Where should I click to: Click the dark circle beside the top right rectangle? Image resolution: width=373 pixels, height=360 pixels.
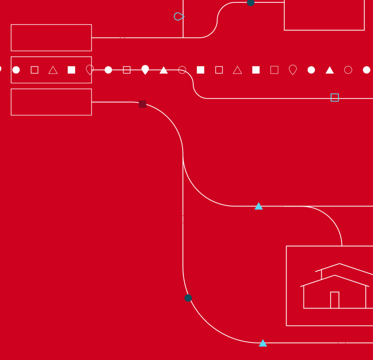pos(251,2)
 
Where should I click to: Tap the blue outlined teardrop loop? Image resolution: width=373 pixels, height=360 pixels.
pos(178,17)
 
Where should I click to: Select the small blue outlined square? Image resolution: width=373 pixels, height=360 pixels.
pos(335,98)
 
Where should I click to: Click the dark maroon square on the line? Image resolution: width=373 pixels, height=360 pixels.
pos(142,104)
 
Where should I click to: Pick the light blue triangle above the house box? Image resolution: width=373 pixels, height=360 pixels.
pos(259,206)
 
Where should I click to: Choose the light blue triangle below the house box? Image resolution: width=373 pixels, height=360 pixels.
pos(263,343)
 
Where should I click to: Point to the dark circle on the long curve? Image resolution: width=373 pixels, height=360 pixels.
pos(188,298)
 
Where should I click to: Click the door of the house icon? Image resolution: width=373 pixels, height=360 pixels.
pos(335,300)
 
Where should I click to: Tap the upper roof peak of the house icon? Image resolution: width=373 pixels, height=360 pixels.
pos(339,264)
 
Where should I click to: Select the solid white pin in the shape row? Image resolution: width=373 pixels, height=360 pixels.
pos(145,69)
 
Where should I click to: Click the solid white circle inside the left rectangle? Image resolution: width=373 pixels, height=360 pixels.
pos(16,70)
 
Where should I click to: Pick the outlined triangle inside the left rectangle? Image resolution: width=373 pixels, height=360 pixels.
pos(53,70)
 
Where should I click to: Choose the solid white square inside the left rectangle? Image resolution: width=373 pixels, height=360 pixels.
pos(71,70)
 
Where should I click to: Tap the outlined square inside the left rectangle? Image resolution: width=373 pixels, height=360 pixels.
pos(34,70)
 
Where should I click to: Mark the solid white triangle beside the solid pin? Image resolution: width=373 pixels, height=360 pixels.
pos(164,70)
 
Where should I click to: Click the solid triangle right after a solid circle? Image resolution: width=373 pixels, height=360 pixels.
pos(330,70)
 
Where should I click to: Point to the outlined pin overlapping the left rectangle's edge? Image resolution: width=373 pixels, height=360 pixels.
pos(90,70)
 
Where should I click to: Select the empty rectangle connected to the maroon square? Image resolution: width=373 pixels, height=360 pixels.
pos(51,102)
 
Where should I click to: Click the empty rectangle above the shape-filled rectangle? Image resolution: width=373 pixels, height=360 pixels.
pos(51,37)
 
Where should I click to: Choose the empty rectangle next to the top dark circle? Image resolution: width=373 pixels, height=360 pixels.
pos(324,15)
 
